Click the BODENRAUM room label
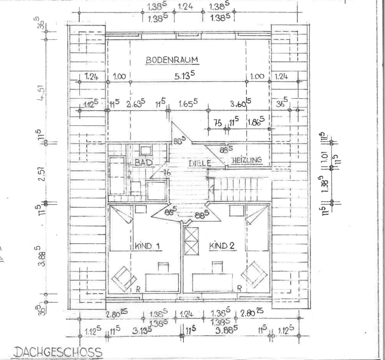(x=172, y=60)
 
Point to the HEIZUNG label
(x=247, y=160)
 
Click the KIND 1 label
(x=147, y=246)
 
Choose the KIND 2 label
(x=221, y=246)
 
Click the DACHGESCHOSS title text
(x=58, y=352)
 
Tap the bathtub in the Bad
(x=117, y=175)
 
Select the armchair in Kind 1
(x=123, y=278)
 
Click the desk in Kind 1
(x=162, y=282)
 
